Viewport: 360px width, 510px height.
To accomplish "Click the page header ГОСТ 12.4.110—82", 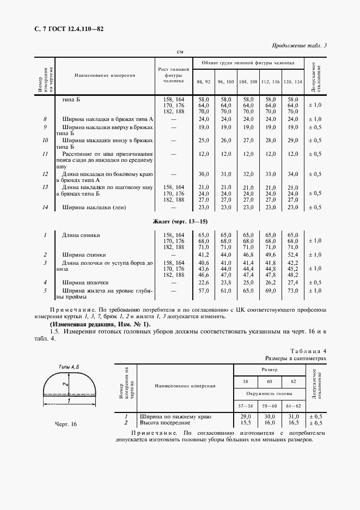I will point(65,28).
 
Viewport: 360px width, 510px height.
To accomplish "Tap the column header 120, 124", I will point(292,81).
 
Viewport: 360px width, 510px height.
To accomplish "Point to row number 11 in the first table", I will point(46,154).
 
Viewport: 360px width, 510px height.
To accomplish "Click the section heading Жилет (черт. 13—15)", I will point(179,221).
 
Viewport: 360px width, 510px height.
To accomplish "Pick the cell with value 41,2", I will point(204,254).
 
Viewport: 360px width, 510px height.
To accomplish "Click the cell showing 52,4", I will point(292,254).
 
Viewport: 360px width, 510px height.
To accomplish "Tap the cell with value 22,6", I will point(204,283).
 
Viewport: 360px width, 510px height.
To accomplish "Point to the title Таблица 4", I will point(308,351).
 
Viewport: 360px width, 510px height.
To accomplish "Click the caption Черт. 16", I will point(66,424).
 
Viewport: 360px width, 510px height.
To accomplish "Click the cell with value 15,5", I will point(246,422).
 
